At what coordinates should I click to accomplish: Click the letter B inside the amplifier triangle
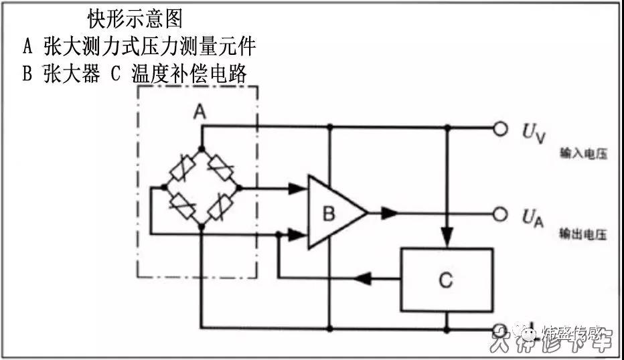(x=329, y=214)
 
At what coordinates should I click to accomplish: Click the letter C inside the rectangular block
(x=446, y=280)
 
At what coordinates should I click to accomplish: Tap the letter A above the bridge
(x=199, y=113)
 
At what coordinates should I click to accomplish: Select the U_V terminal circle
(x=500, y=128)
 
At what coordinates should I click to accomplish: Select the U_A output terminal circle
(x=500, y=213)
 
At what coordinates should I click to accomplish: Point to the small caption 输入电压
(x=583, y=154)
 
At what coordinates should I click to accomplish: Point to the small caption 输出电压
(x=583, y=235)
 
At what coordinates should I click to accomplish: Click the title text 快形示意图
(x=135, y=18)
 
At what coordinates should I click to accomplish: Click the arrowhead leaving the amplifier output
(x=389, y=213)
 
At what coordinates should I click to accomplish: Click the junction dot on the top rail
(x=329, y=126)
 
